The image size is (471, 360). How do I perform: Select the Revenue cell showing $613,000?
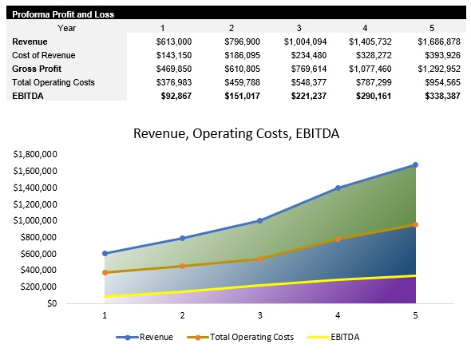[x=175, y=41]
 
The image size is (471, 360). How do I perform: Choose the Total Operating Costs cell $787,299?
[x=370, y=81]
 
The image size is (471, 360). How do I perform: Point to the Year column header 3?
[x=298, y=28]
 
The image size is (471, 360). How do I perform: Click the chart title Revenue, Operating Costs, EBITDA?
[x=236, y=133]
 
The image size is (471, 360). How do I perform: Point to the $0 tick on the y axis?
[x=51, y=303]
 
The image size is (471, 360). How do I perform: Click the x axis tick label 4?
[x=338, y=315]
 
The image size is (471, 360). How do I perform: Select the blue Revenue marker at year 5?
[x=415, y=165]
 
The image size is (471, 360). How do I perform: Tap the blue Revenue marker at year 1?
[x=105, y=253]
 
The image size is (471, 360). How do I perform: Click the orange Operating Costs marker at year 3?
[x=259, y=259]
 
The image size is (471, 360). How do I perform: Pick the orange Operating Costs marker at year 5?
[x=415, y=224]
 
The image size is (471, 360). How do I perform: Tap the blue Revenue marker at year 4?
[x=338, y=188]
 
